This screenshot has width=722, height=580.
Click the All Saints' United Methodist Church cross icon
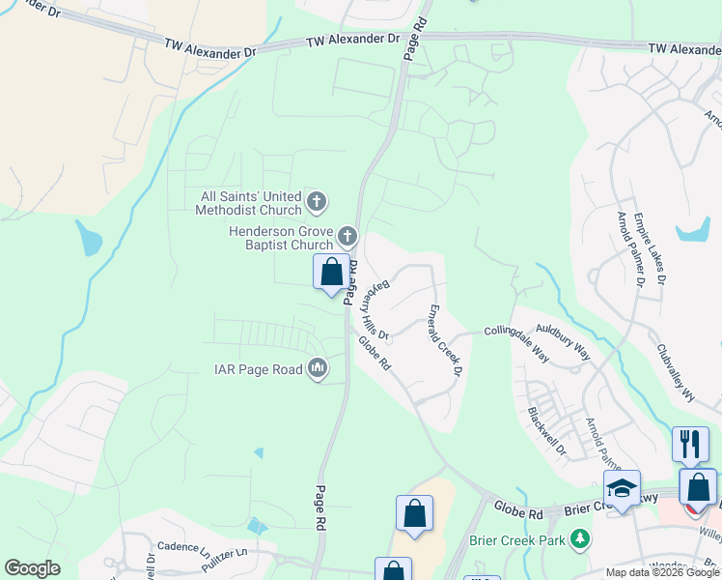click(x=317, y=203)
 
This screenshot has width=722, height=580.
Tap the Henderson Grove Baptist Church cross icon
click(x=347, y=236)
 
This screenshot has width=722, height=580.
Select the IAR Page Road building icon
click(x=318, y=367)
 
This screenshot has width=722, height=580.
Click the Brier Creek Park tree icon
click(x=579, y=538)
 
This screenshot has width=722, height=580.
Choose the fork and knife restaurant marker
click(x=690, y=444)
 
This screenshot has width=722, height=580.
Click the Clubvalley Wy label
click(x=676, y=373)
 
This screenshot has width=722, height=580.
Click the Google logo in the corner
click(x=32, y=568)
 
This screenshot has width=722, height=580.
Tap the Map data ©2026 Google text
click(x=661, y=572)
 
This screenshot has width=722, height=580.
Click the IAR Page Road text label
click(x=258, y=368)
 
